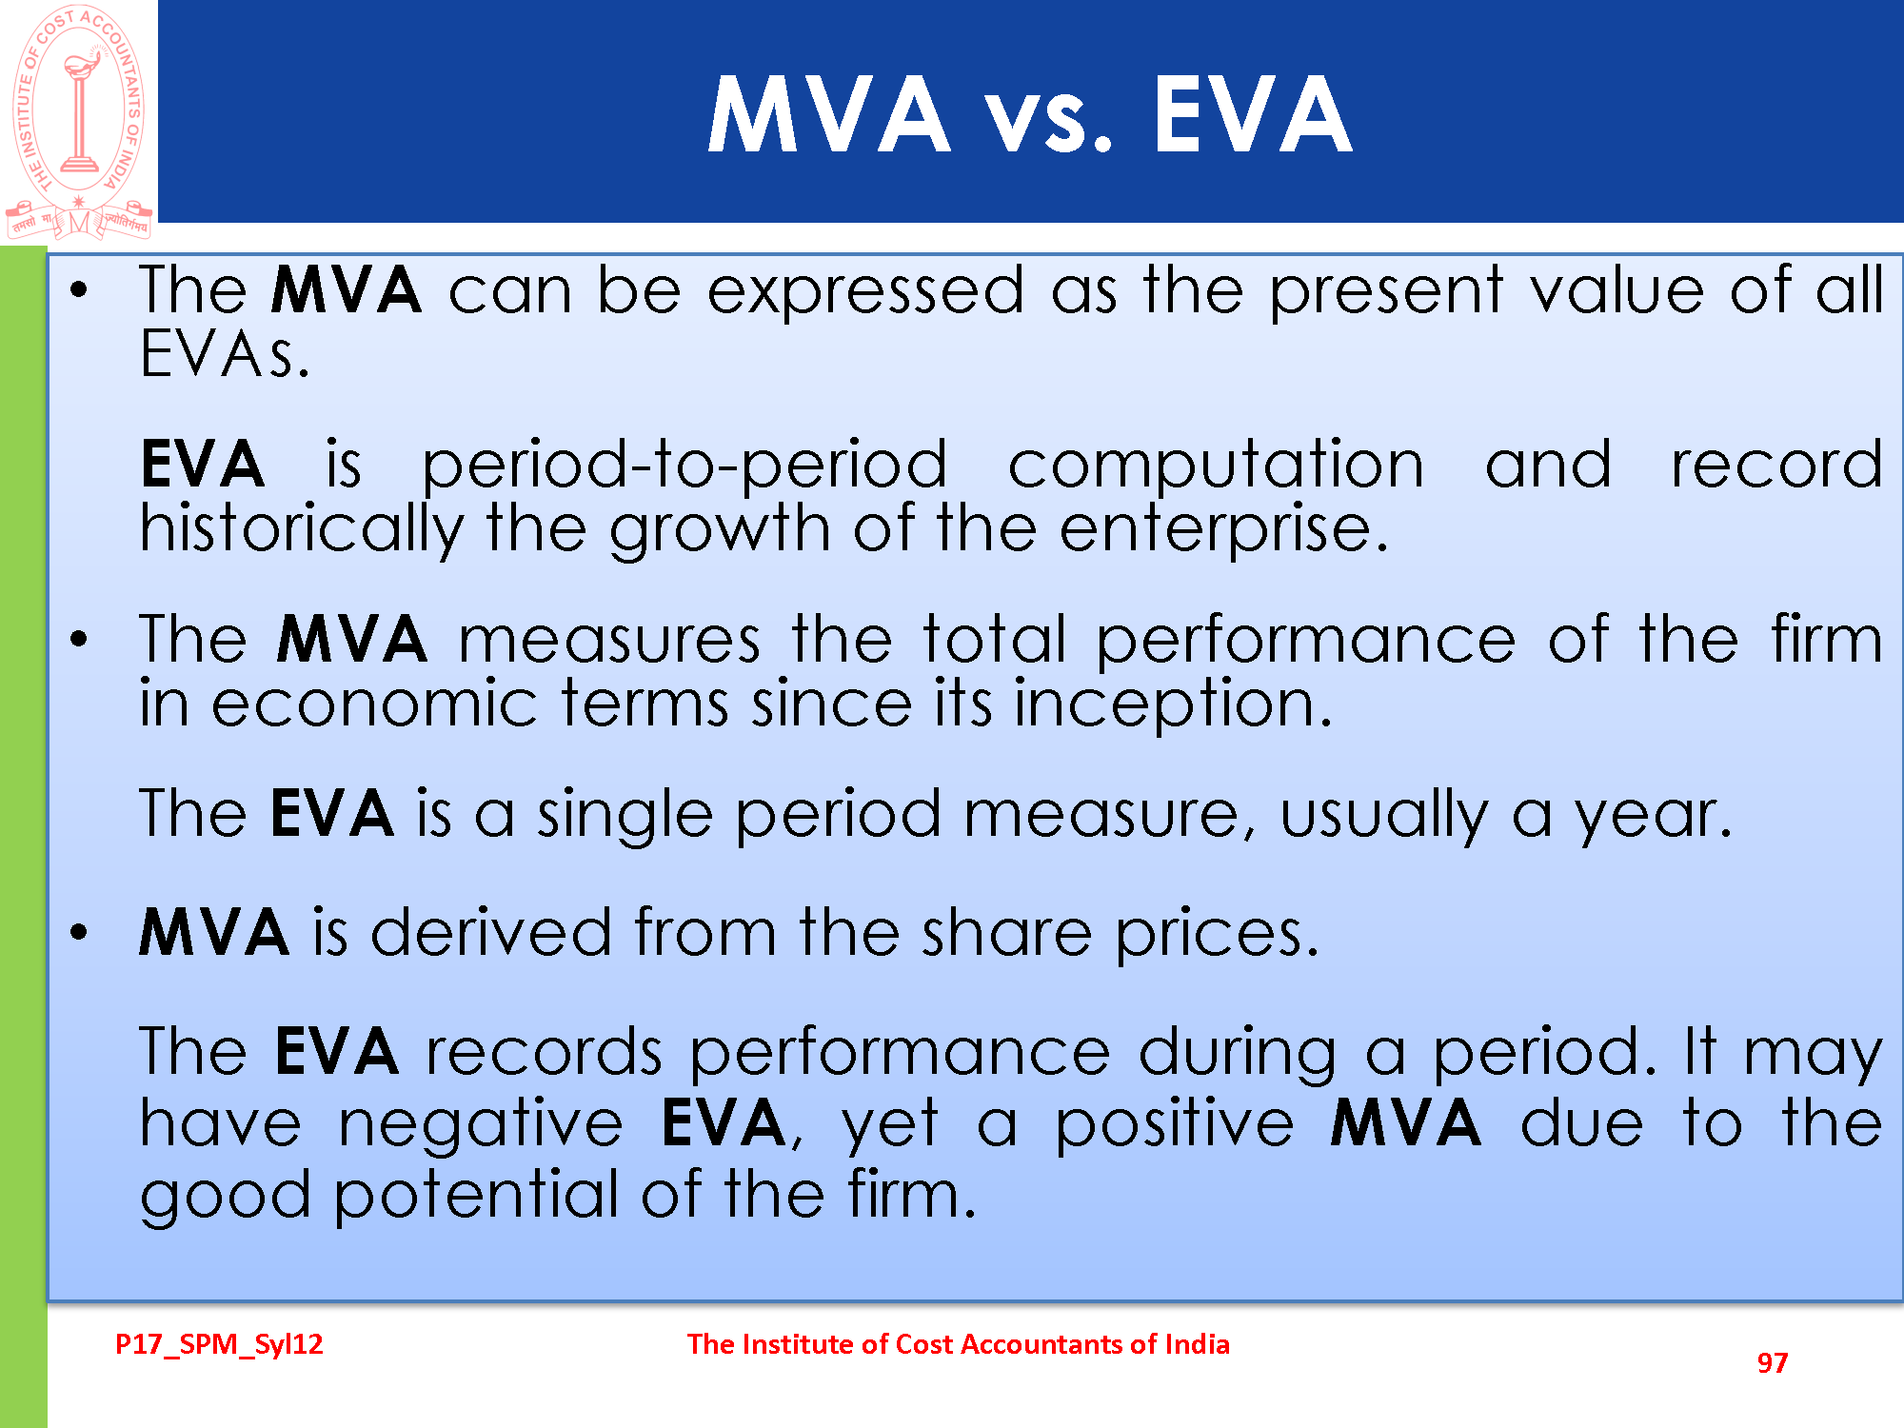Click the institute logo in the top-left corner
(79, 122)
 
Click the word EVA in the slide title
(1253, 115)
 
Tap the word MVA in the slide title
(828, 115)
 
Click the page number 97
(1772, 1362)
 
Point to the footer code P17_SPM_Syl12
(219, 1344)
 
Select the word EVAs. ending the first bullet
(225, 354)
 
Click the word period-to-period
(684, 466)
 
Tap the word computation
(1216, 466)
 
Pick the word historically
(302, 529)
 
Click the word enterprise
(1223, 529)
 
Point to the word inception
(1173, 704)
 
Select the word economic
(375, 704)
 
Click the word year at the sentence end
(1653, 817)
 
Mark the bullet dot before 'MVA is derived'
(79, 933)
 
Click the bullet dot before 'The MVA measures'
(79, 640)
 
